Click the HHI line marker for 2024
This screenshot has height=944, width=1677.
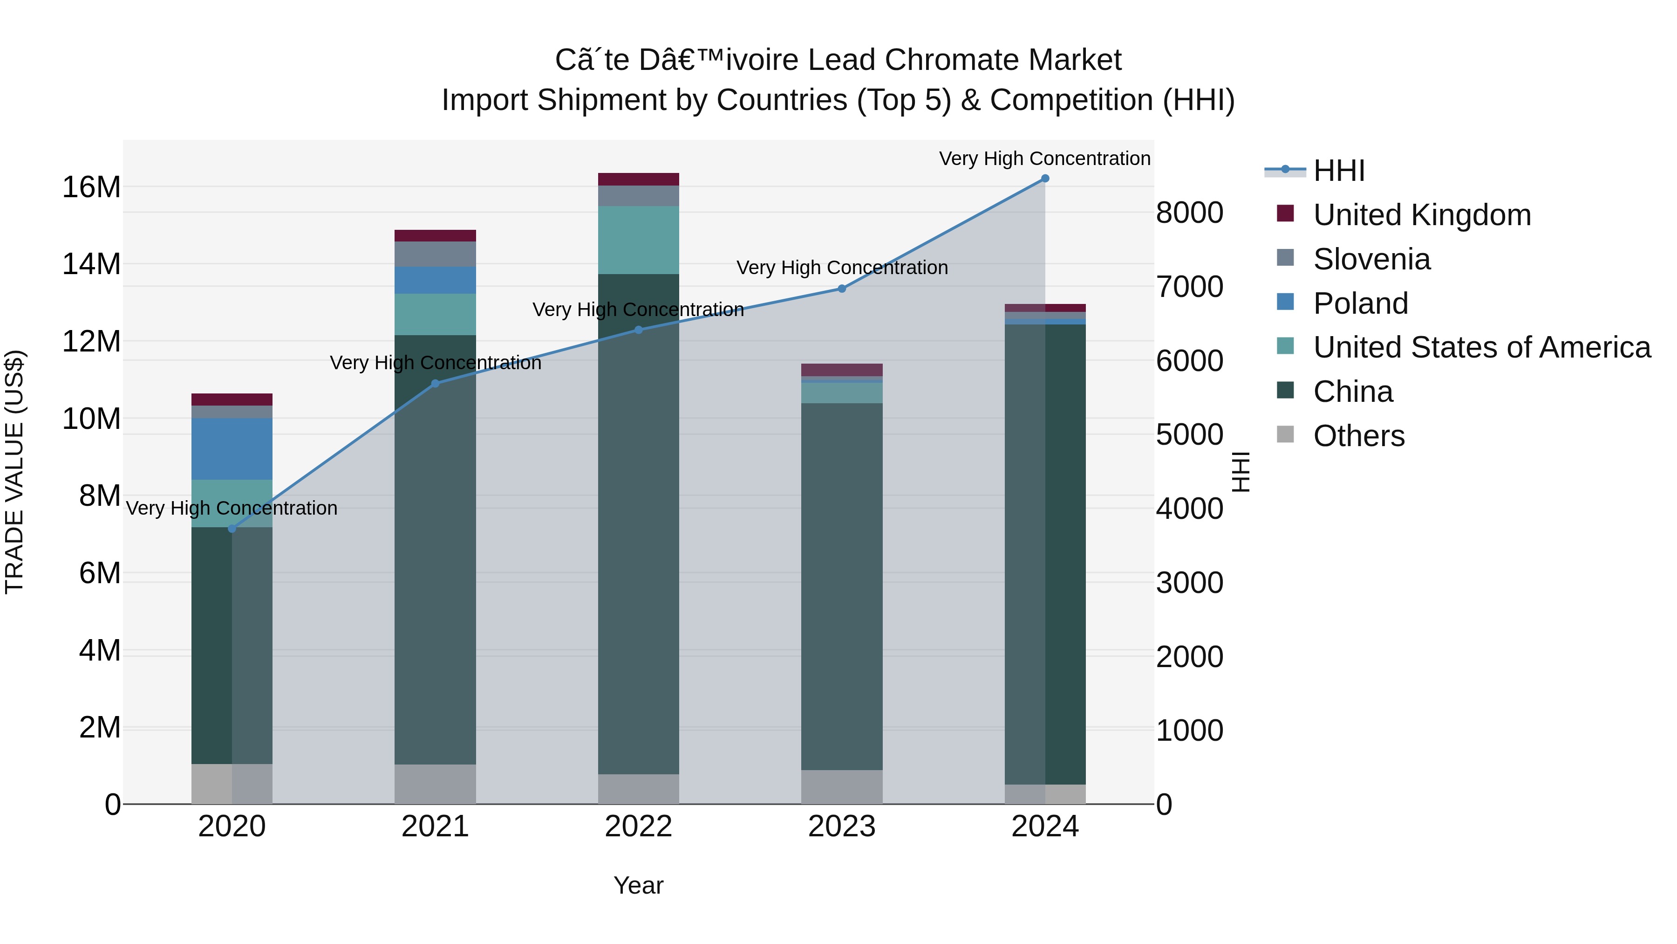(1045, 179)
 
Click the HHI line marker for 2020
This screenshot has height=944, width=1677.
(232, 528)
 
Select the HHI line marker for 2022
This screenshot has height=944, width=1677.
(639, 330)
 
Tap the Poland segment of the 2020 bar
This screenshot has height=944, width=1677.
(232, 449)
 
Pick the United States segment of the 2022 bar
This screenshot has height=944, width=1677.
(639, 240)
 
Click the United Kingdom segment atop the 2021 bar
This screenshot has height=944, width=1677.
(435, 236)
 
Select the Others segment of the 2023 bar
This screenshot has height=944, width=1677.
(842, 786)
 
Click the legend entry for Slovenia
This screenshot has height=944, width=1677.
(1372, 259)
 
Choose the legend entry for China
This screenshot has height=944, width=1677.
(1353, 392)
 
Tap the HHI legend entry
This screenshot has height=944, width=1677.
(1338, 171)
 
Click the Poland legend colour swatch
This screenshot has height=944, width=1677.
(1285, 302)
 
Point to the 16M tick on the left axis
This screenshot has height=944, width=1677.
(91, 187)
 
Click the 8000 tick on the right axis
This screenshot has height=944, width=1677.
(1189, 213)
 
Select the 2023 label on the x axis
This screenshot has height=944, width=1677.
(842, 827)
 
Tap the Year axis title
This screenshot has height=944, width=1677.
(638, 885)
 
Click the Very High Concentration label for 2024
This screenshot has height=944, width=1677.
(1044, 158)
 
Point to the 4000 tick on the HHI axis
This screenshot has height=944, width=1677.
(1189, 509)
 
